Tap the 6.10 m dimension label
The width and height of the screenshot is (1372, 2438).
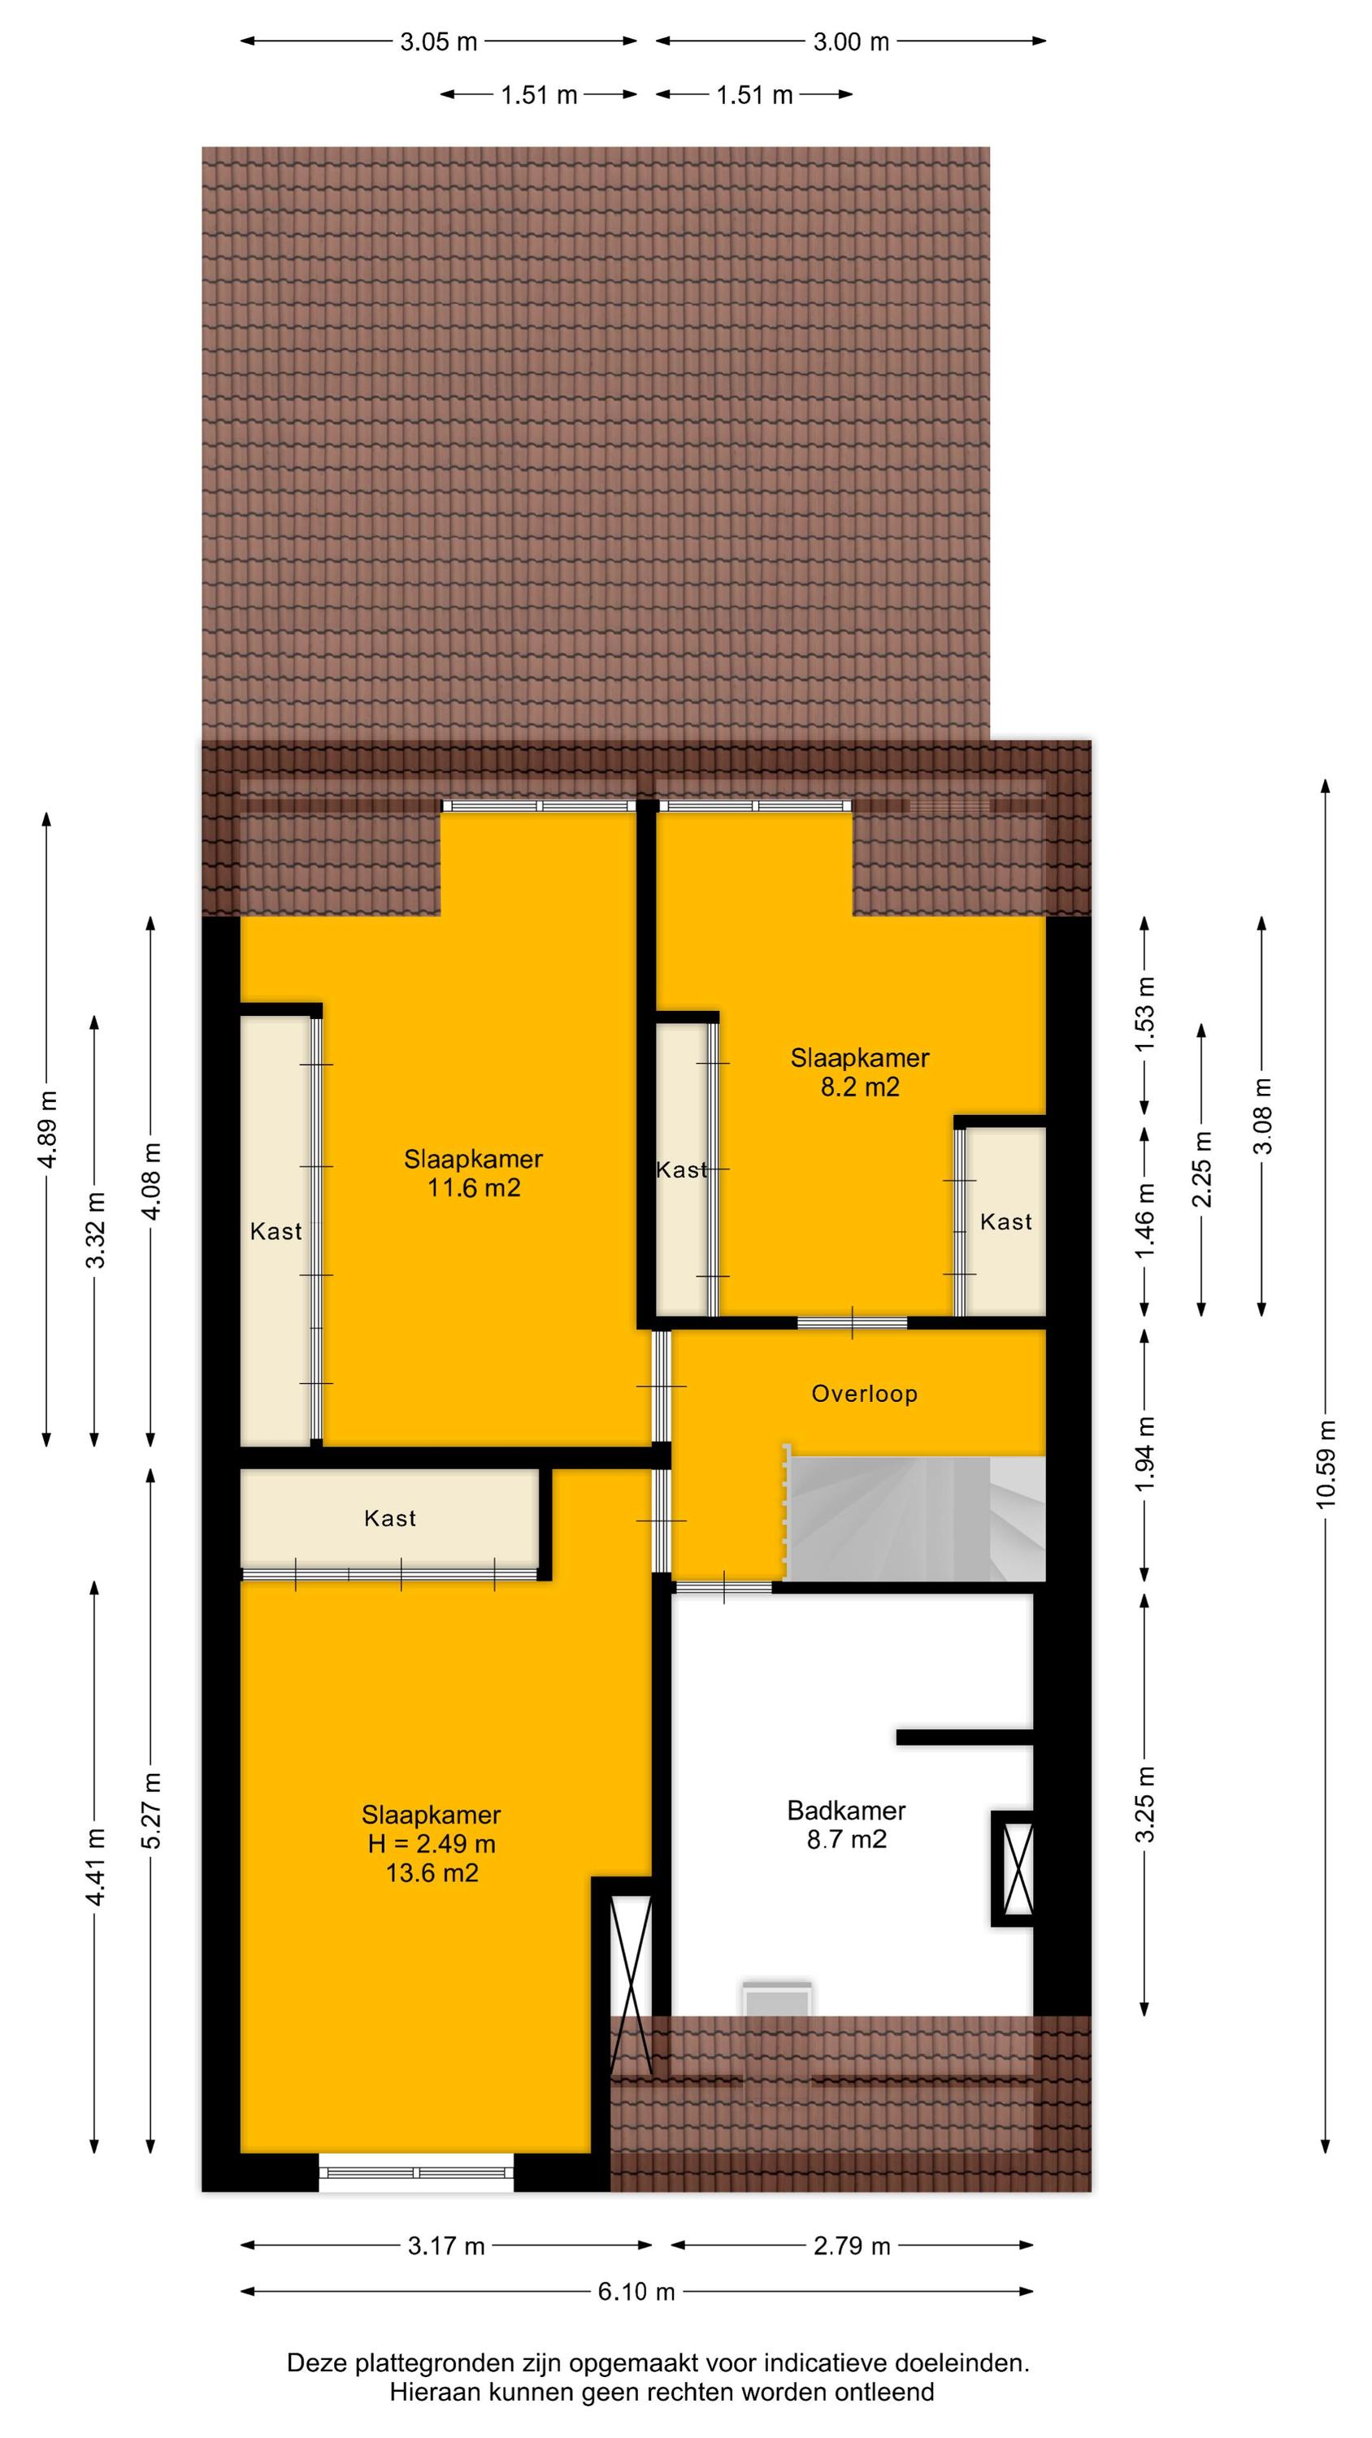[x=636, y=2291]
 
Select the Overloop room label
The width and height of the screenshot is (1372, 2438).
[x=865, y=1393]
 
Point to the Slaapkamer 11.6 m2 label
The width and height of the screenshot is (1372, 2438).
[x=473, y=1173]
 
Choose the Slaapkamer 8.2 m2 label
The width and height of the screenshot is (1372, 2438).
[x=860, y=1072]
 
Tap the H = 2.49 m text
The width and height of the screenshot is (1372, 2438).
[x=432, y=1844]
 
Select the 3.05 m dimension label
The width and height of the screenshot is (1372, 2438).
[x=438, y=41]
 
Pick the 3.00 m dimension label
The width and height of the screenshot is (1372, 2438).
[x=851, y=41]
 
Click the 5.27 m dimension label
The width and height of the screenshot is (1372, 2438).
[x=150, y=1811]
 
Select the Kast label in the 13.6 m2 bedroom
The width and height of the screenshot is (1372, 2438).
[x=390, y=1519]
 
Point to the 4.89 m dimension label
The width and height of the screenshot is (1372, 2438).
[x=47, y=1129]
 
